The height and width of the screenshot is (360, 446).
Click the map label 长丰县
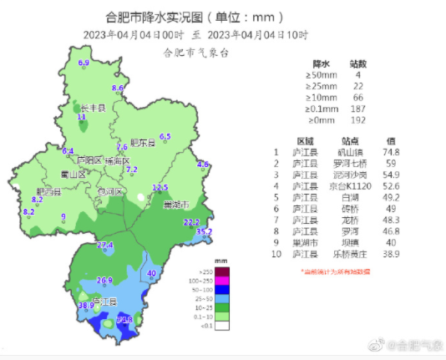[x=92, y=108]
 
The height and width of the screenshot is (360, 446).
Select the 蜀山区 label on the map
[x=73, y=174]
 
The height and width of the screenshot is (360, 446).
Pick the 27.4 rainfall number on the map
[x=105, y=245]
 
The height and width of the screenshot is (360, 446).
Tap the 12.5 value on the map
[x=160, y=187]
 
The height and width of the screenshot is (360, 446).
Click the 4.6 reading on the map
[x=202, y=165]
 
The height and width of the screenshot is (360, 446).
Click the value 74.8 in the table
[x=391, y=152]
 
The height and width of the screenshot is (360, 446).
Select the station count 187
[x=357, y=109]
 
